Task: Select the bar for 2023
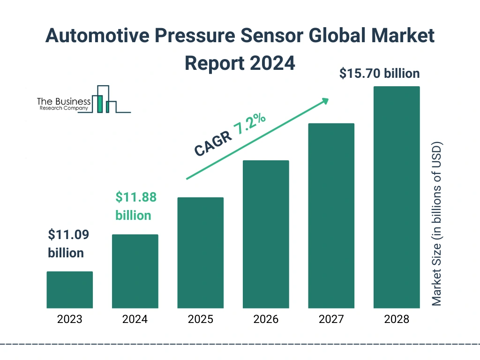(69, 290)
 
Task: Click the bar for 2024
(135, 271)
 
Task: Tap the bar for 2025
(200, 253)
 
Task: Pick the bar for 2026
(266, 234)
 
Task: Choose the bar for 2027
(331, 216)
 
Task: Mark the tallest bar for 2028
(396, 197)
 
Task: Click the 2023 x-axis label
(69, 320)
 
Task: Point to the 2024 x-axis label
(135, 320)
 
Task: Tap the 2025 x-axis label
(200, 320)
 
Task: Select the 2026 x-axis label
(266, 320)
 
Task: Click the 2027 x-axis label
(331, 320)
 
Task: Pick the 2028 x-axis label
(396, 320)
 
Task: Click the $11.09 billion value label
(66, 244)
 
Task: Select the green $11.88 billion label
(135, 206)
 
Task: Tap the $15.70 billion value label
(379, 74)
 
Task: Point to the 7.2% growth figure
(250, 125)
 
